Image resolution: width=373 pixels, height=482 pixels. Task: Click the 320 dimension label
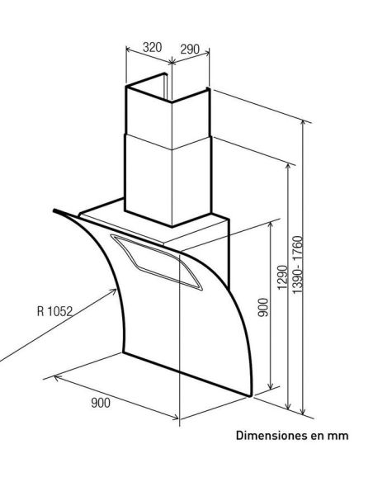[x=152, y=47]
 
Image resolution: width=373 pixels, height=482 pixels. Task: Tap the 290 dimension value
[x=190, y=50]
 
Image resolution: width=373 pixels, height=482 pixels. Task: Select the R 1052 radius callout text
[x=54, y=311]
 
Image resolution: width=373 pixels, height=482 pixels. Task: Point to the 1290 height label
[x=282, y=277]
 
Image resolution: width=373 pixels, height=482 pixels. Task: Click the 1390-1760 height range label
[x=297, y=265]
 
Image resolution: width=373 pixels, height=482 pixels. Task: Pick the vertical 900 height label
[x=263, y=307]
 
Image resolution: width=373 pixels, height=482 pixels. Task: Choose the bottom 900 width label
[x=101, y=403]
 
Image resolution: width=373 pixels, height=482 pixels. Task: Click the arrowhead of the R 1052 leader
[x=114, y=291]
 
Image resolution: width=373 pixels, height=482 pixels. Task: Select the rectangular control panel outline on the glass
[x=157, y=262]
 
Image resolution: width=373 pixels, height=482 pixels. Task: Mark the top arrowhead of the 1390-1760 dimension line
[x=303, y=124]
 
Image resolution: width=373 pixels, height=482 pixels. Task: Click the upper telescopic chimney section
[x=168, y=118]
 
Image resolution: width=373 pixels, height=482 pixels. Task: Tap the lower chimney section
[x=168, y=181]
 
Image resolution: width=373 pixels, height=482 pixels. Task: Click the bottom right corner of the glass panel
[x=251, y=396]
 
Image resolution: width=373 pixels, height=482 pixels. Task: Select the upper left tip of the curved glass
[x=54, y=210]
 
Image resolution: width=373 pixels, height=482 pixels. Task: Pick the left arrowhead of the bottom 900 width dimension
[x=56, y=377]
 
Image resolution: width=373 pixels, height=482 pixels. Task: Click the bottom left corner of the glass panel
[x=124, y=352]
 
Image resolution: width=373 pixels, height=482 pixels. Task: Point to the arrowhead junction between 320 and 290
[x=172, y=62]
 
